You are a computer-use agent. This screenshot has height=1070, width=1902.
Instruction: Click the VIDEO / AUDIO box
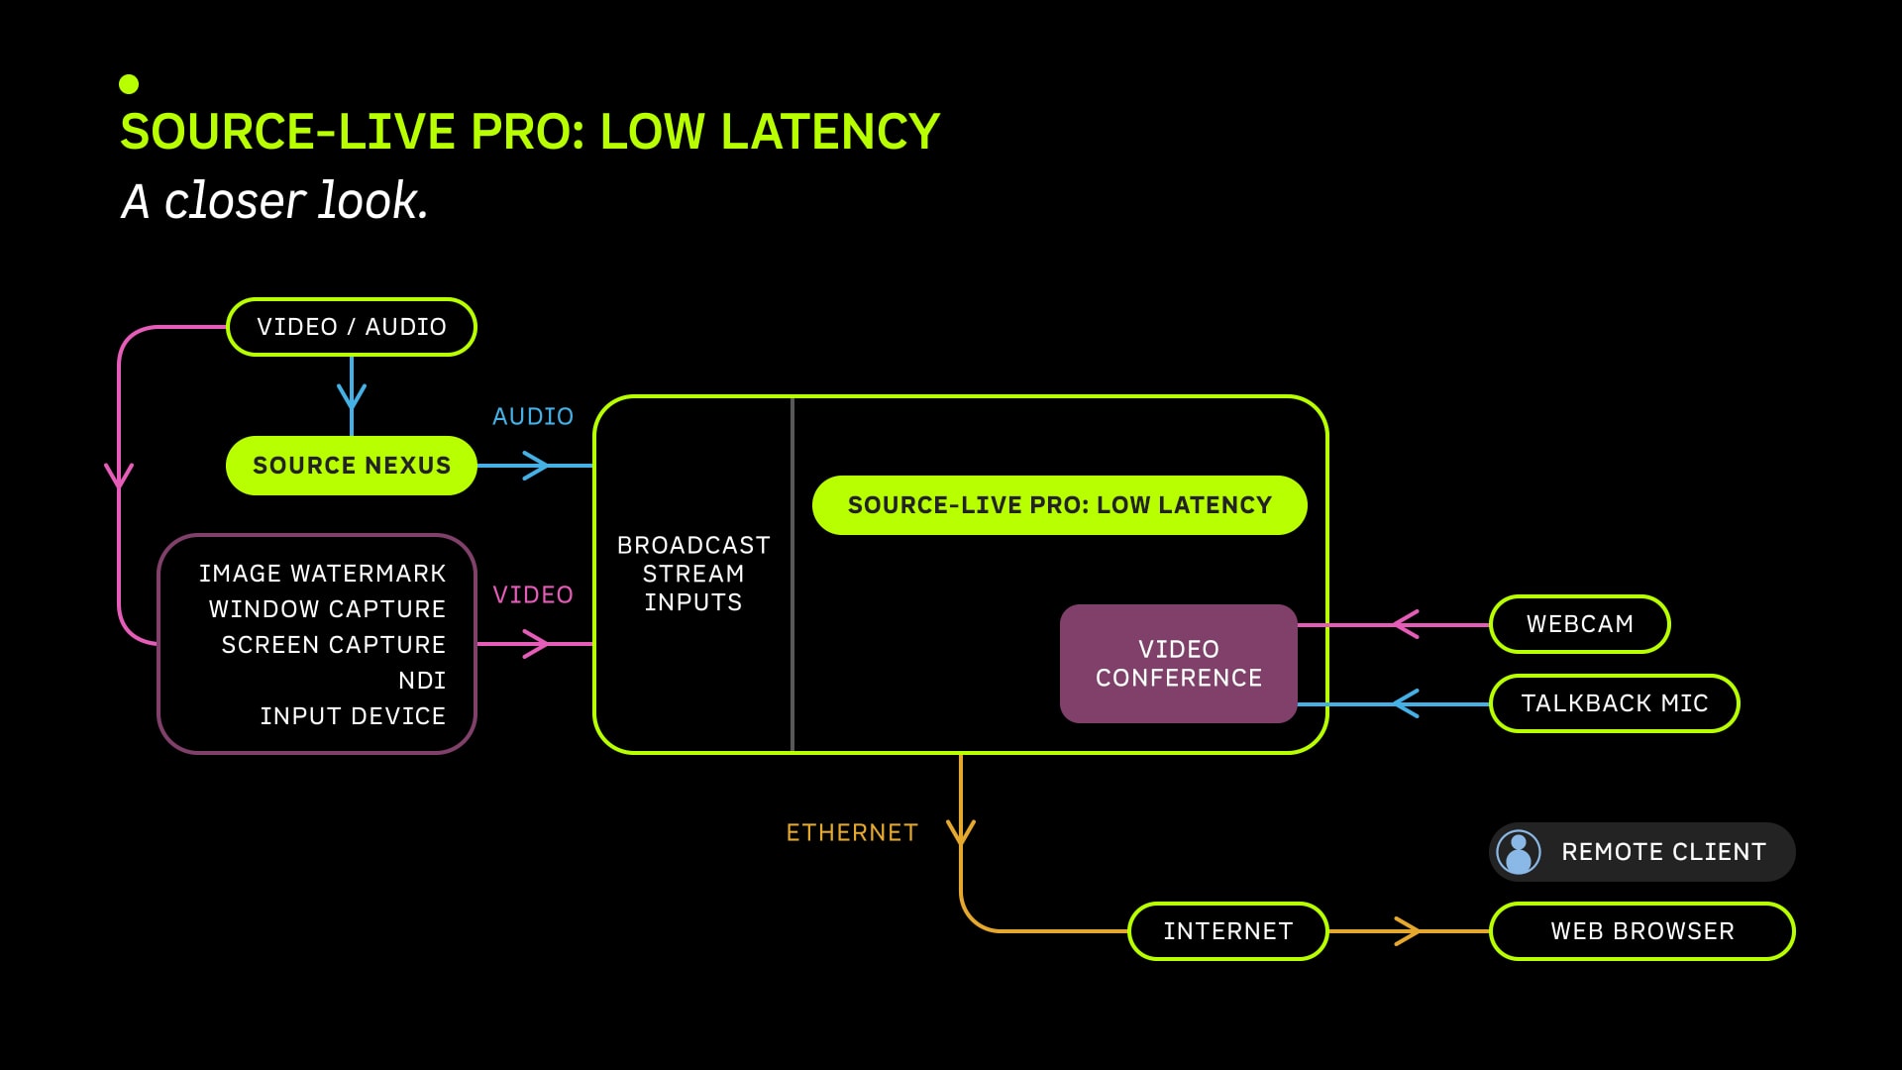click(352, 327)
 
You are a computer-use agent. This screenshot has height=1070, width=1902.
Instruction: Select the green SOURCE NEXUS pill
click(352, 466)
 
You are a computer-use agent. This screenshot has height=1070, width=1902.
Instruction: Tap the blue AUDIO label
click(533, 416)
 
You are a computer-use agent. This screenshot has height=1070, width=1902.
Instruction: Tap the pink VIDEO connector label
click(533, 594)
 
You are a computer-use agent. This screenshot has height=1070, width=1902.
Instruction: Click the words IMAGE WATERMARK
click(322, 574)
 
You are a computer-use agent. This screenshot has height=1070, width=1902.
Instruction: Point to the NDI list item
click(422, 681)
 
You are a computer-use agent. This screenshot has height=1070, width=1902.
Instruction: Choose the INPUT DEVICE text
click(353, 716)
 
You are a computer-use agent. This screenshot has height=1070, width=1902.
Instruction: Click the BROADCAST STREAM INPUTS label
click(693, 574)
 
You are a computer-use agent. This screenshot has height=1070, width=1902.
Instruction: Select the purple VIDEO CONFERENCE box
click(1179, 664)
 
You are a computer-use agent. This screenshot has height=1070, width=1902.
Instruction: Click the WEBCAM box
click(1580, 624)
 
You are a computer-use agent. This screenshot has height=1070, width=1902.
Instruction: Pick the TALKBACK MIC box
click(1615, 703)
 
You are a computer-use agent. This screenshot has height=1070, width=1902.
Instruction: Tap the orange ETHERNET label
click(852, 832)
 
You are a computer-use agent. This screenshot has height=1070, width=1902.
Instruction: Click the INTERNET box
click(1228, 931)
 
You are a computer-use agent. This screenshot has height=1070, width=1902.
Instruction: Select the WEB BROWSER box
click(1642, 931)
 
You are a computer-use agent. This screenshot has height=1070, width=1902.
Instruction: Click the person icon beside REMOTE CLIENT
click(1519, 852)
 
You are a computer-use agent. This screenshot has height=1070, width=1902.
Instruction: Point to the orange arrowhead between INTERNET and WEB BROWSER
click(1408, 931)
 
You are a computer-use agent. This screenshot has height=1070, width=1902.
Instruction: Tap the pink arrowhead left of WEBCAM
click(1406, 624)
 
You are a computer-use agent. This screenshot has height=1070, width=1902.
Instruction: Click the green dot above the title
click(129, 84)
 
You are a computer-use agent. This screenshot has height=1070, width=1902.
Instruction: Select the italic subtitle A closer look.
click(274, 201)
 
